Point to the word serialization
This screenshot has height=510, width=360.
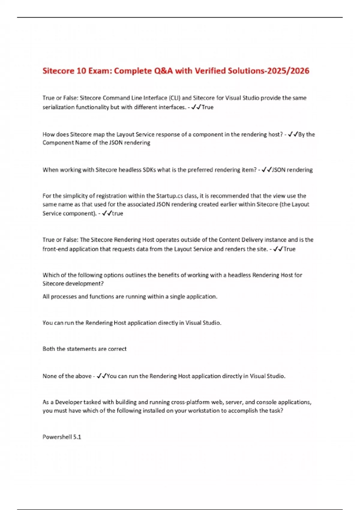[58, 107]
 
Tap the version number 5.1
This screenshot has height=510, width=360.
[77, 437]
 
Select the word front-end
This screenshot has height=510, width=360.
[55, 249]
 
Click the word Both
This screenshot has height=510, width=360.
[49, 349]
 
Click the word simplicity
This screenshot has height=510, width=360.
[76, 196]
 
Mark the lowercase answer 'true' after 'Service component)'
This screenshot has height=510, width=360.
[117, 213]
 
